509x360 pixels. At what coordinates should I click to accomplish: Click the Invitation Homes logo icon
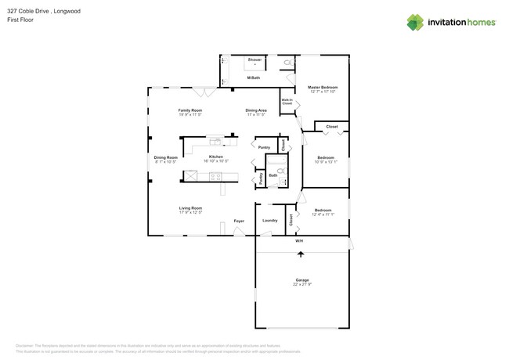pos(415,23)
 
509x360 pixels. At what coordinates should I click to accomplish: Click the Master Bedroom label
pos(323,87)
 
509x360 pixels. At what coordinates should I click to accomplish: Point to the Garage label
pos(302,279)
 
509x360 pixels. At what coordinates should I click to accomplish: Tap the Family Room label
pos(190,110)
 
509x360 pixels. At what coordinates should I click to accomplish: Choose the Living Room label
pos(190,208)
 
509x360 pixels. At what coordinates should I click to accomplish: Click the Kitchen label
pos(216,157)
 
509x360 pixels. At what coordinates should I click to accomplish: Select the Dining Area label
pos(256,110)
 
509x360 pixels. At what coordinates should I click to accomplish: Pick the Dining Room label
pos(165,157)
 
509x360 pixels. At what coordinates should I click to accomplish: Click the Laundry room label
pos(270,221)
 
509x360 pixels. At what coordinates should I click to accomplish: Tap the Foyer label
pos(239,221)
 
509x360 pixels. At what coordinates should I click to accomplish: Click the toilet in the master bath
pos(287,61)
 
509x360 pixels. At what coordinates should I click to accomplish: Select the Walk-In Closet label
pos(287,101)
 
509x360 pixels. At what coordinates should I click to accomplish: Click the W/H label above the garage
pos(299,242)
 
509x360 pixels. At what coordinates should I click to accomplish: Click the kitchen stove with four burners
pos(215,177)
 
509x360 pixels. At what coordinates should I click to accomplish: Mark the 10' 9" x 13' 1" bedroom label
pos(326,160)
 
